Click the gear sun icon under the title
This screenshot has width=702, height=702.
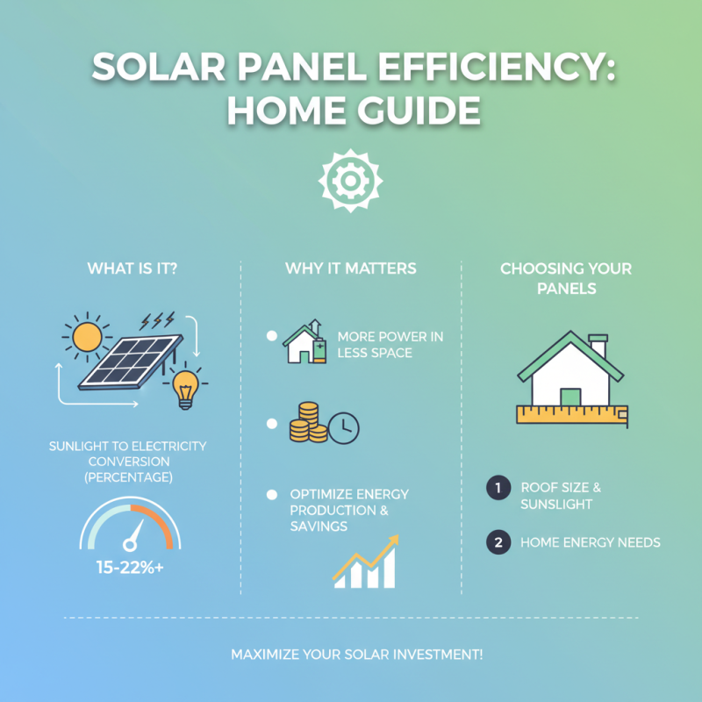350,179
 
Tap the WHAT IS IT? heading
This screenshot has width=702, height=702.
132,269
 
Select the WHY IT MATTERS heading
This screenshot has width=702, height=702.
351,269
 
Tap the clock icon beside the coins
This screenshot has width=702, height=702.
345,427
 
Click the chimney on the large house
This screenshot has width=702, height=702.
598,346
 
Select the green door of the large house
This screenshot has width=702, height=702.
570,397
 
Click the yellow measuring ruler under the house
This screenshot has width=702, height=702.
570,416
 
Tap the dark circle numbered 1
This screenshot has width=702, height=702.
498,489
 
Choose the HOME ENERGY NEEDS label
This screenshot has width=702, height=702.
590,542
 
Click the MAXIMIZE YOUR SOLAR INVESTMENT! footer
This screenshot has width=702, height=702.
351,655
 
